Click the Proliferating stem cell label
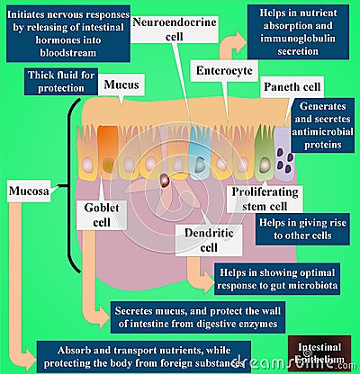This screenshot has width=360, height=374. click(x=270, y=199)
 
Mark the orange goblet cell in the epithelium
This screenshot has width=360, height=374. click(x=107, y=147)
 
